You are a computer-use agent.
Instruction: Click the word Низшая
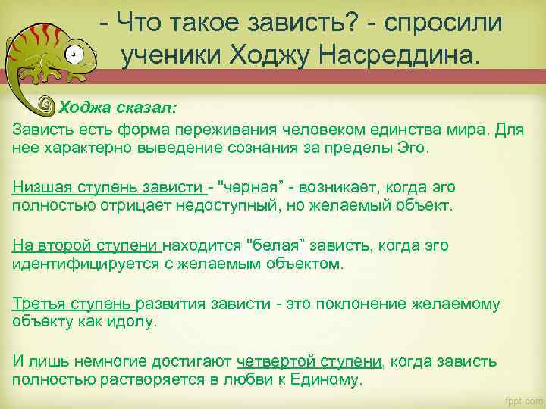[38, 187]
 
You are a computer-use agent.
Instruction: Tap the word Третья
[39, 304]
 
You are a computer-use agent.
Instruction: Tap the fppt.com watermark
[523, 399]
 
